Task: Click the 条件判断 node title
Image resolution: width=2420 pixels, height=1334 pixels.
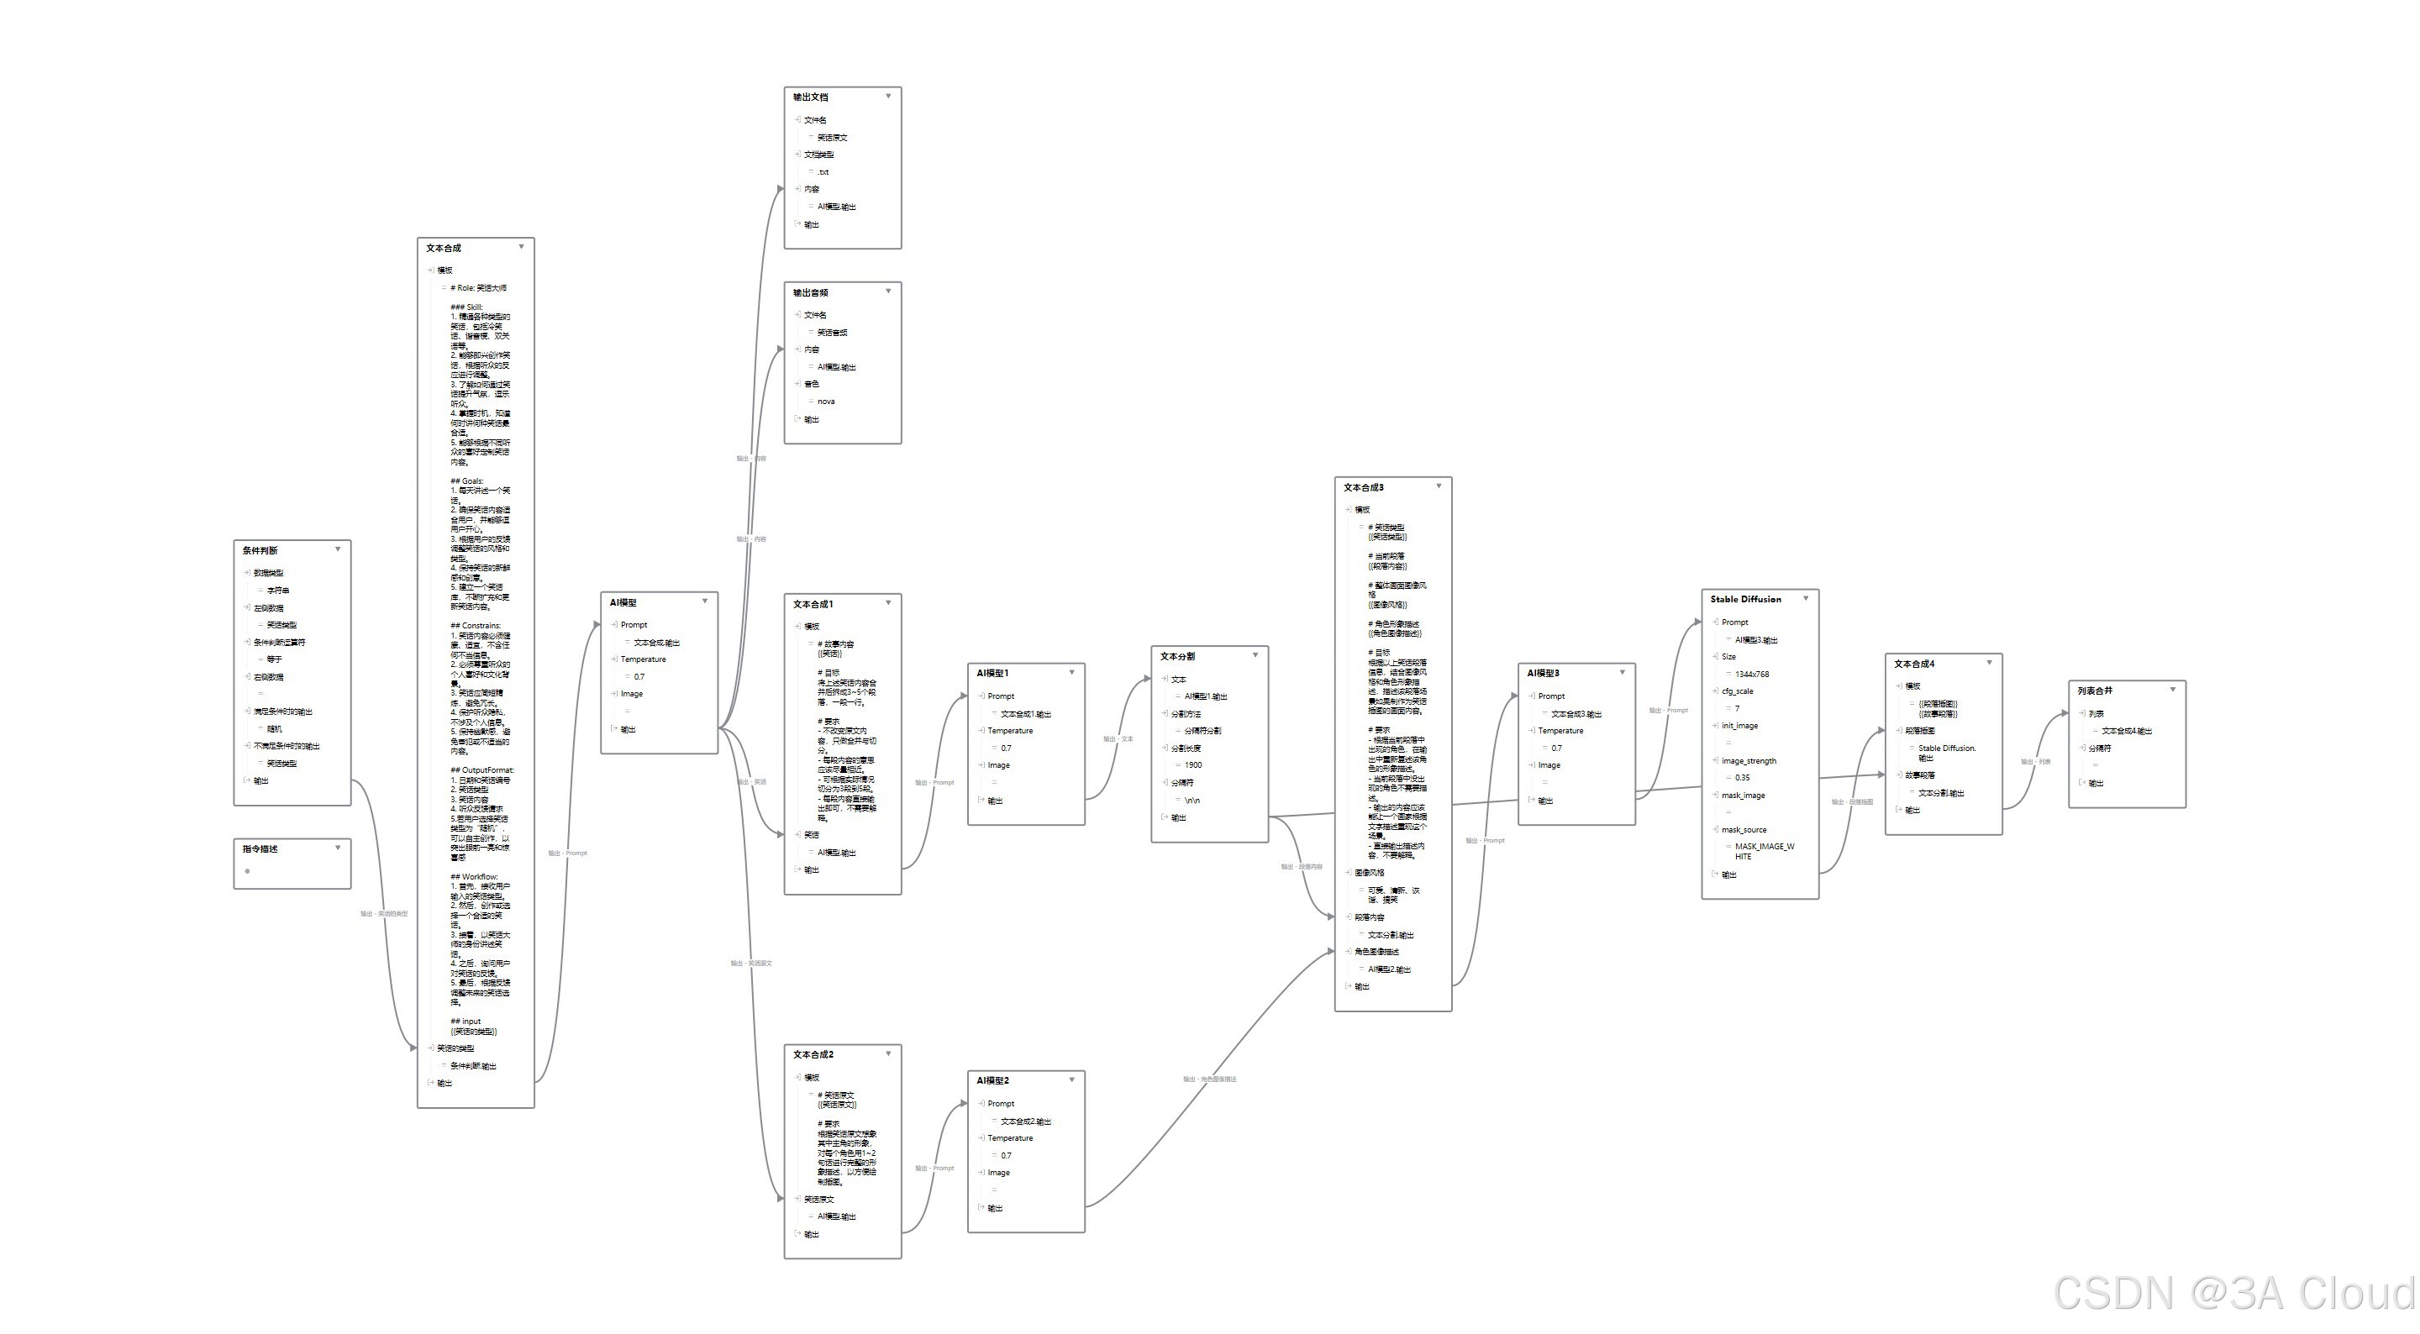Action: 260,550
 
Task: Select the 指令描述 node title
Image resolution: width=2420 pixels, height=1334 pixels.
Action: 260,849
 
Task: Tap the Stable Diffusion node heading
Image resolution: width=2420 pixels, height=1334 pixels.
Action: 1744,599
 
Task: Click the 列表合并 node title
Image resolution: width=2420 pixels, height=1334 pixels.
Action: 2094,691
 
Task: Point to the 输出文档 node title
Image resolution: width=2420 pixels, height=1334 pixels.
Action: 810,97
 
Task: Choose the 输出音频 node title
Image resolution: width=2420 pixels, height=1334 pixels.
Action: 810,292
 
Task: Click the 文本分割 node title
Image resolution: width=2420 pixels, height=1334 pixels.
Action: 1177,657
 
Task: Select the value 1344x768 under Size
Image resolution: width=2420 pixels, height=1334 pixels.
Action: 1751,675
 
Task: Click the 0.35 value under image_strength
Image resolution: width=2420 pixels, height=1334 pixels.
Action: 1742,778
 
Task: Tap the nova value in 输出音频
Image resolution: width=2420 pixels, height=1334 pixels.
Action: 825,402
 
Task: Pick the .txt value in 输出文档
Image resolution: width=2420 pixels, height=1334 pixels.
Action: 822,172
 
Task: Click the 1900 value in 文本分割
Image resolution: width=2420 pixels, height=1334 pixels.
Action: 1192,765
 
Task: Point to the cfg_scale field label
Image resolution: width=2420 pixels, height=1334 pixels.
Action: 1737,691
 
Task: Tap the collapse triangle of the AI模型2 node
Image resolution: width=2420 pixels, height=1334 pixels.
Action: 1071,1080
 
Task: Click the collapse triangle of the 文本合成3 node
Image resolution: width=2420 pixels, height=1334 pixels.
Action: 1439,486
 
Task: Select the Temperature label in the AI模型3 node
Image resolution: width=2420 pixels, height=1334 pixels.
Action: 1560,731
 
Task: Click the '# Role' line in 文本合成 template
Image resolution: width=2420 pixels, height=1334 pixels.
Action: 478,288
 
